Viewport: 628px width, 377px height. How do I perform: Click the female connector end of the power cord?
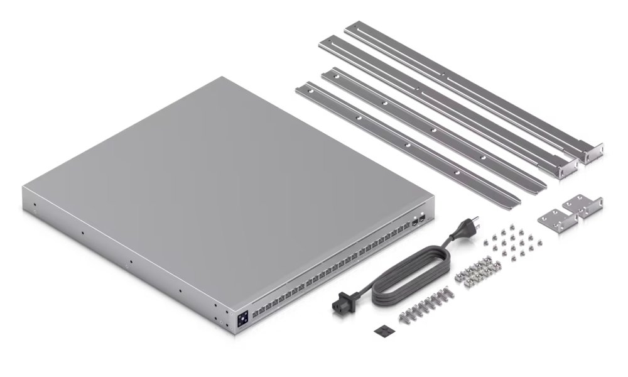click(x=341, y=303)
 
